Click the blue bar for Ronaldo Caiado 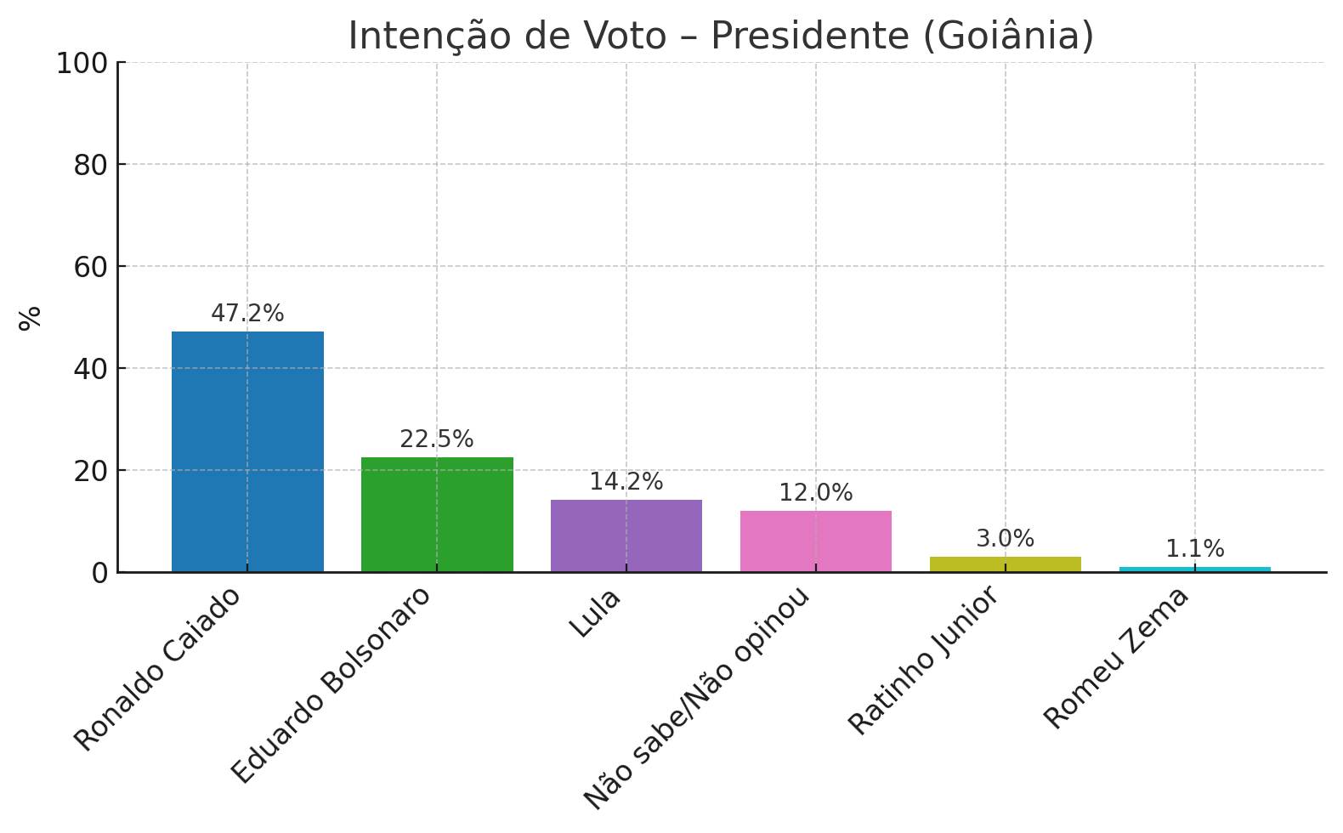(x=247, y=451)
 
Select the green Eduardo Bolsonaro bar (x=437, y=514)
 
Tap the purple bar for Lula (x=626, y=535)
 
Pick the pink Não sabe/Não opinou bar (x=816, y=541)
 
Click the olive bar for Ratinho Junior (x=1006, y=564)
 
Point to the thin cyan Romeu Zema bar (x=1194, y=569)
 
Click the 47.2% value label (x=247, y=314)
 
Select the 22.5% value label (x=437, y=439)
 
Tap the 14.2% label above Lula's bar (x=626, y=482)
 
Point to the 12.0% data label (x=816, y=493)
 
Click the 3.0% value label (x=1006, y=539)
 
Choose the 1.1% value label (x=1194, y=549)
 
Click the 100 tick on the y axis (x=82, y=64)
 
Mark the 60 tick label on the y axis (x=91, y=268)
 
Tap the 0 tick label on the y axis (x=100, y=574)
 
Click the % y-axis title (x=31, y=317)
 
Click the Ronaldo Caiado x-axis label (x=158, y=669)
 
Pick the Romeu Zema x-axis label (x=1116, y=658)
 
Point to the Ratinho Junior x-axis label (x=924, y=660)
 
